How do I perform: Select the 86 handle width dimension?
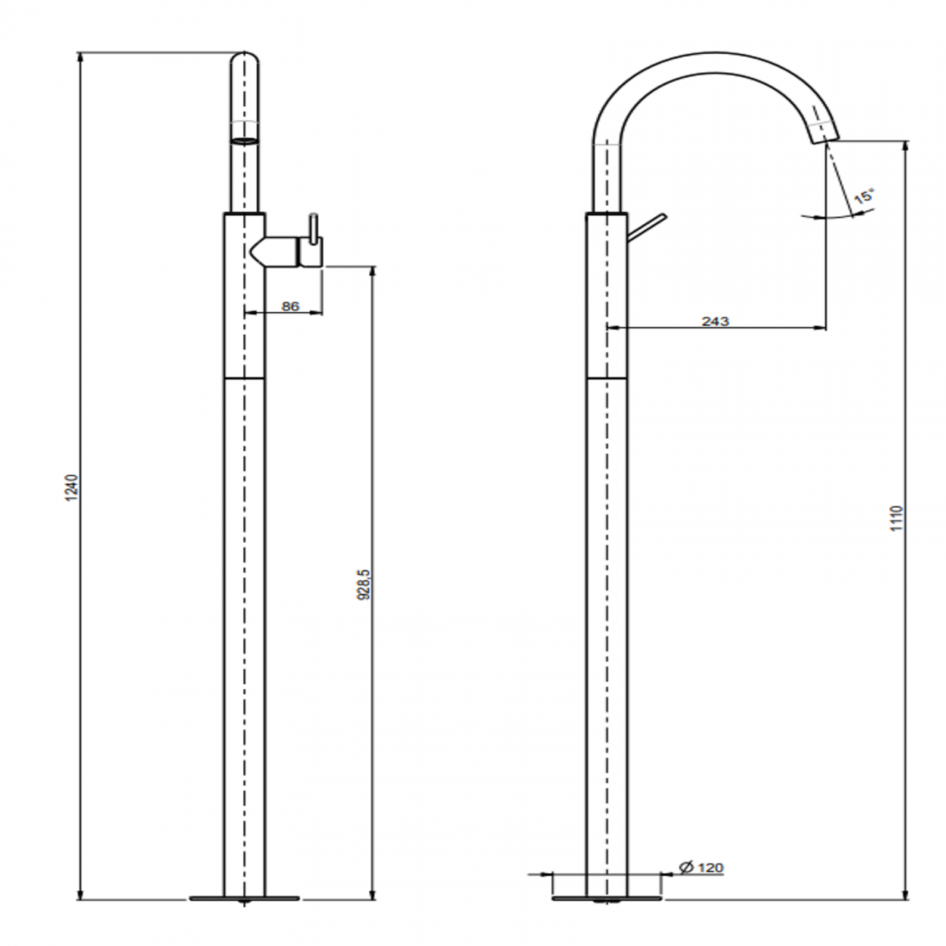tap(290, 306)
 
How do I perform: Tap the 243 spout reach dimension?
tap(715, 321)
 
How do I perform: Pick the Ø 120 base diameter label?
tap(701, 867)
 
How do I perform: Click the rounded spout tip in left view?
tap(245, 62)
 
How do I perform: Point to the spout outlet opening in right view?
tap(826, 138)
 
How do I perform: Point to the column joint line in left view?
tap(244, 378)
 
